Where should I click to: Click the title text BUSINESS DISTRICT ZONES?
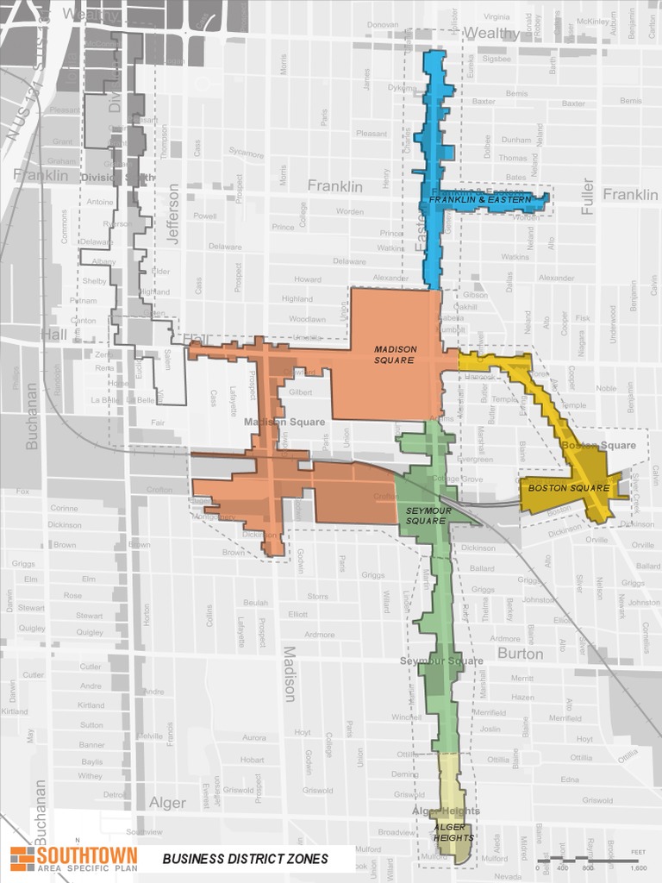click(x=245, y=858)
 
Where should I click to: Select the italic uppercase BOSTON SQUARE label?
click(x=568, y=488)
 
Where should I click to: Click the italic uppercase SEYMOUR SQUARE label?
click(x=425, y=516)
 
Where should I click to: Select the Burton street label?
click(x=520, y=654)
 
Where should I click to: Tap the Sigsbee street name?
click(x=496, y=59)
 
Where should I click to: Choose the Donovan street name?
click(x=383, y=25)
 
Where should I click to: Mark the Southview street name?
click(x=143, y=832)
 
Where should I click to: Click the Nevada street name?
click(x=508, y=876)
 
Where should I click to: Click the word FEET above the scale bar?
click(x=638, y=852)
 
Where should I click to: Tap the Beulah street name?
click(x=255, y=602)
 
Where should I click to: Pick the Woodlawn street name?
click(x=308, y=319)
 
